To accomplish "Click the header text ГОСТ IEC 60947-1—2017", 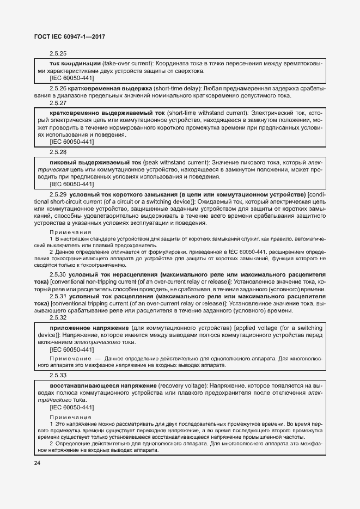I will coord(70,36).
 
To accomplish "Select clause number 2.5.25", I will coord(58,54).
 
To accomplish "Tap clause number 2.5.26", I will coord(58,88).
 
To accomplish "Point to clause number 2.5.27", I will coord(58,103).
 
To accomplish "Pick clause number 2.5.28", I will coord(58,152).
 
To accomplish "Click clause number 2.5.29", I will coord(58,194).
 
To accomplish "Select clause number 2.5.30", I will coord(58,275).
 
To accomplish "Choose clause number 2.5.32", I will coord(58,317).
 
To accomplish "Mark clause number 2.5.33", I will coord(58,375).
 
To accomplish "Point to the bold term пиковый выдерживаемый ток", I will coord(87,162).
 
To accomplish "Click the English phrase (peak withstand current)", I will coord(167,162).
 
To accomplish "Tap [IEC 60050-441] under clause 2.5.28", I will coord(72,184).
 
